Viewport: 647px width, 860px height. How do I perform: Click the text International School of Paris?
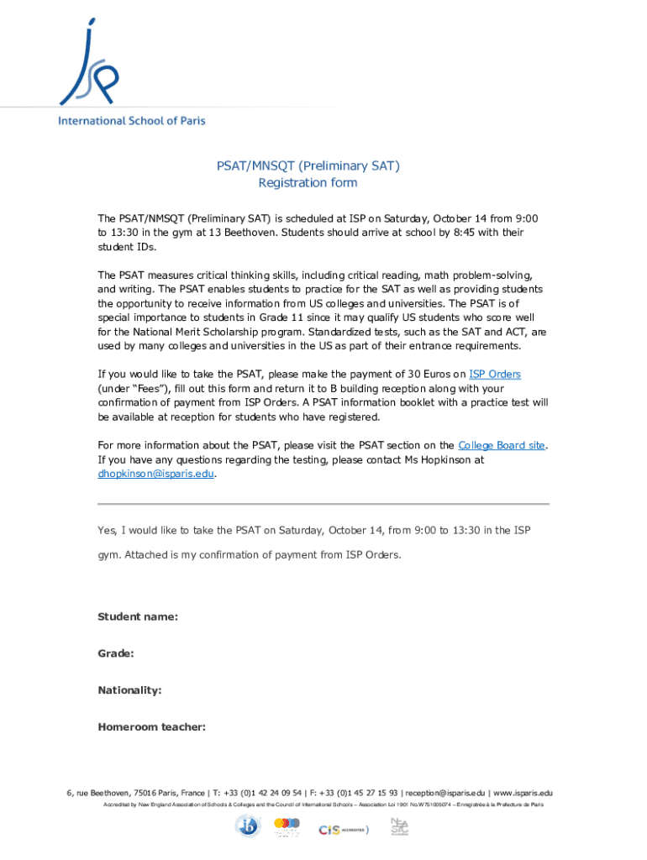(x=131, y=121)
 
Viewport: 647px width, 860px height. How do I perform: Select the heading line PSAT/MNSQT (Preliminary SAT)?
(x=308, y=166)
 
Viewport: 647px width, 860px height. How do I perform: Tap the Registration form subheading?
(x=308, y=183)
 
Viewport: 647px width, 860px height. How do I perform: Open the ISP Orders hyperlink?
(x=495, y=374)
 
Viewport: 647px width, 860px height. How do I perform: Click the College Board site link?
(x=501, y=445)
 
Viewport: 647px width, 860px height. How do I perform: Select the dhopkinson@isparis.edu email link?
(x=155, y=474)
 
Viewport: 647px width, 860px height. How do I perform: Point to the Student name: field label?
(x=138, y=617)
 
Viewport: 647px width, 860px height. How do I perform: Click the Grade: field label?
(x=116, y=653)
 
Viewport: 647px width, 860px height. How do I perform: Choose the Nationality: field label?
(x=129, y=690)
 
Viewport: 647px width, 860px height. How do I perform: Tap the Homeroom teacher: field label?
(x=152, y=727)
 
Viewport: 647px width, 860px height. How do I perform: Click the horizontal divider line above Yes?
(x=323, y=504)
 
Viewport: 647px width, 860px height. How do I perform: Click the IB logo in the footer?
(x=248, y=827)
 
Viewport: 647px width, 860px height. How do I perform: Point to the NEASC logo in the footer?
(x=400, y=826)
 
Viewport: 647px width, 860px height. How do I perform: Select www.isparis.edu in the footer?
(x=523, y=793)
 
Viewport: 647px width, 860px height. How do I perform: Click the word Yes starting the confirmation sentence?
(x=107, y=531)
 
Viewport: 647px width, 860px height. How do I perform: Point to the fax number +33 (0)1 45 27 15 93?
(x=360, y=793)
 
